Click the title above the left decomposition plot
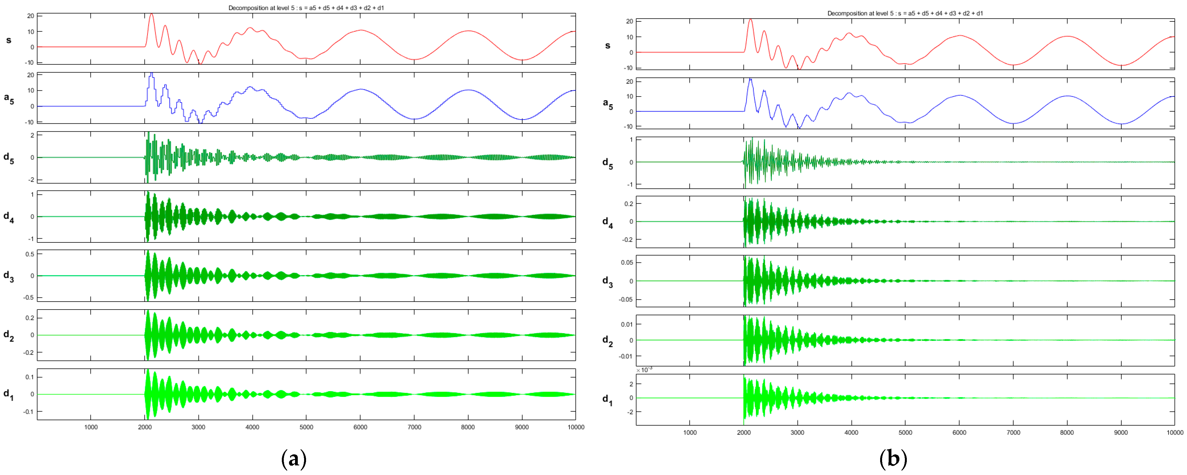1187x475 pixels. [306, 8]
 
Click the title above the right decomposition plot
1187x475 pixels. [905, 13]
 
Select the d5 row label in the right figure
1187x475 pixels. [608, 164]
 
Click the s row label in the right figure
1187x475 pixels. [608, 46]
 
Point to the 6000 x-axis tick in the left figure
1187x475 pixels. [360, 427]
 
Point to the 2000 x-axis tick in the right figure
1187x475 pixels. [744, 433]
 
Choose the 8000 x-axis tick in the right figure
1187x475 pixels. [1067, 433]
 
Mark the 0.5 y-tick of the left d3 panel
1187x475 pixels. [29, 254]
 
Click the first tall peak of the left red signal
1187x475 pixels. [151, 15]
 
